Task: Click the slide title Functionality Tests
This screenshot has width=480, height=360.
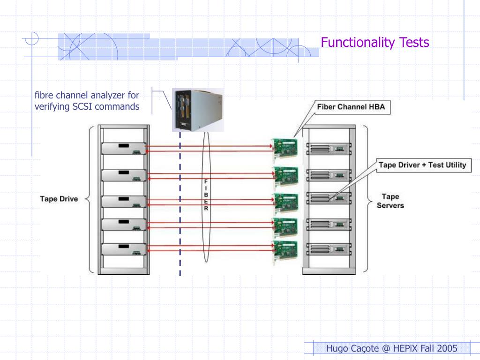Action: point(375,43)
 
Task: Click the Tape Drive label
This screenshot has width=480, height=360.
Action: point(59,199)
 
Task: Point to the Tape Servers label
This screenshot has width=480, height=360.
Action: point(390,201)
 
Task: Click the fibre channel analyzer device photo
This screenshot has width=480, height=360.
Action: point(197,110)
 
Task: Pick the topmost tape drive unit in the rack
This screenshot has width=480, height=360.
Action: point(124,149)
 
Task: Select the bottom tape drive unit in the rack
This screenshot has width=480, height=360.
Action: point(124,249)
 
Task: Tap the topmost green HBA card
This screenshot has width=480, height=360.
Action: point(285,149)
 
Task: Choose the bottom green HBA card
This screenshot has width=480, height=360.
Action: point(285,252)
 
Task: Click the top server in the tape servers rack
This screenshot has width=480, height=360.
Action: point(329,149)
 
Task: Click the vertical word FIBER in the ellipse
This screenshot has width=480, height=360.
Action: point(207,195)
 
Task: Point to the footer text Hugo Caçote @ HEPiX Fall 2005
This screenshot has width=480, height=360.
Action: point(391,348)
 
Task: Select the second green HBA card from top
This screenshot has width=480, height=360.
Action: point(285,176)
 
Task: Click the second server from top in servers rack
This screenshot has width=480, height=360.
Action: point(329,174)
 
